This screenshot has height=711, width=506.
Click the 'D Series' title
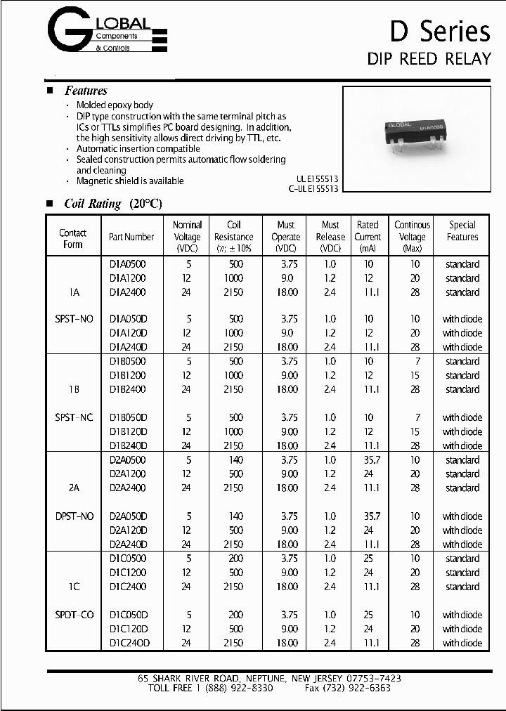(x=440, y=32)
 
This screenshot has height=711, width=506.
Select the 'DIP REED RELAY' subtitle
(x=429, y=58)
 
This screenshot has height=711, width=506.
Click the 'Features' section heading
(x=86, y=91)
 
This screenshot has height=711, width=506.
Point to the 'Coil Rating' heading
(x=112, y=204)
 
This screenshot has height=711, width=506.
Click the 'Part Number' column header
(x=131, y=237)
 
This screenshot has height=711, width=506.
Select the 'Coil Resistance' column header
(x=234, y=237)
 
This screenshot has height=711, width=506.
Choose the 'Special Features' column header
(x=462, y=231)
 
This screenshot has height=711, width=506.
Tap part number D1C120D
(x=128, y=629)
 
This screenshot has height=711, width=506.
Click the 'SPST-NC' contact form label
(x=74, y=417)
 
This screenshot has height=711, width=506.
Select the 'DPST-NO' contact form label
(x=74, y=516)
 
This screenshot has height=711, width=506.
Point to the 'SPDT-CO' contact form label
(x=74, y=615)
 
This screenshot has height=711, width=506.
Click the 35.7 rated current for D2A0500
(x=368, y=460)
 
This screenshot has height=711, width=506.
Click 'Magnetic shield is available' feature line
(x=130, y=181)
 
